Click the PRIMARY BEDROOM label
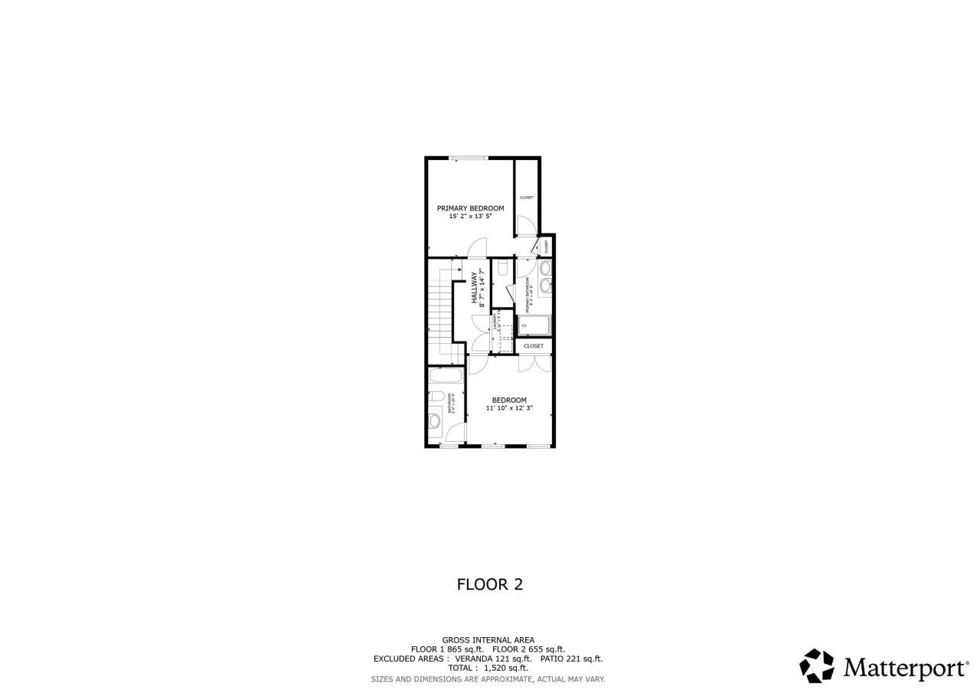[x=470, y=208]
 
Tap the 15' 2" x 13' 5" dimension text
[x=470, y=217]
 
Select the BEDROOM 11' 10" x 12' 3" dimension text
[x=509, y=409]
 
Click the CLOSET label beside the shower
[x=534, y=346]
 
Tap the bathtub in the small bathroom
[x=445, y=376]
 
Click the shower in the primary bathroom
[x=536, y=325]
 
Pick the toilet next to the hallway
[x=502, y=268]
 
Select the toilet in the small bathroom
[x=434, y=397]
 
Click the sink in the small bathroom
[x=435, y=420]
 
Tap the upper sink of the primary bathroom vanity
[x=546, y=269]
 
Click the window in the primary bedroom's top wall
[x=469, y=159]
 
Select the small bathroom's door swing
[x=454, y=435]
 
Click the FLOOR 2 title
[x=490, y=584]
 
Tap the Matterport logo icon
[x=817, y=666]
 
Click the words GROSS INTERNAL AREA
[x=488, y=640]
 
